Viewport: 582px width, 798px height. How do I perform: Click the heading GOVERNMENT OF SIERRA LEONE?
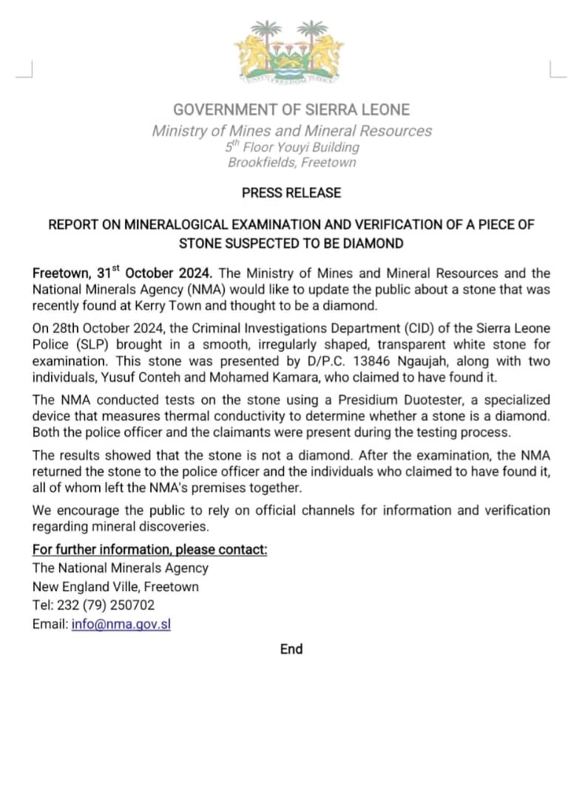coord(291,110)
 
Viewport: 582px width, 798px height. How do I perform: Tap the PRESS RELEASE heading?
coord(291,193)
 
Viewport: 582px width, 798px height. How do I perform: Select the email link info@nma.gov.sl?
coord(121,624)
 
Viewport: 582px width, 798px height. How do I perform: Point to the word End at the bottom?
coord(291,649)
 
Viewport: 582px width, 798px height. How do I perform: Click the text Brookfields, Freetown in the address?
coord(291,162)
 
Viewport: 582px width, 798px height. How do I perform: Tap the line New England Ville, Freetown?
coord(115,587)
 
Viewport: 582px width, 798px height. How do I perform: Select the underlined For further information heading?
coord(149,549)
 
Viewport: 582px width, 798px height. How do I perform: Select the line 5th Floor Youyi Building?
coord(291,147)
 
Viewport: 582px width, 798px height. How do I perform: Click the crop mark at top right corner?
coord(557,69)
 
